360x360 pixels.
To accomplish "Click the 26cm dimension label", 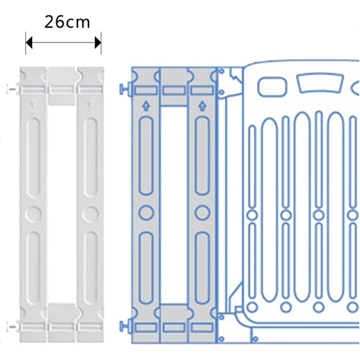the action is point(67,22).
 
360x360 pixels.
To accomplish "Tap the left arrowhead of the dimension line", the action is point(29,43).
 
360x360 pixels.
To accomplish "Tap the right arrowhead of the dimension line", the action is point(98,43).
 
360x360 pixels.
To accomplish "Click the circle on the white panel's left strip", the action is point(33,213).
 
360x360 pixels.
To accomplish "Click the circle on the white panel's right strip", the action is point(91,213).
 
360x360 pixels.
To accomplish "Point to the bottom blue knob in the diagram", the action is point(124,325).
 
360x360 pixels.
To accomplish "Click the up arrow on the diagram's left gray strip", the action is point(145,106).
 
